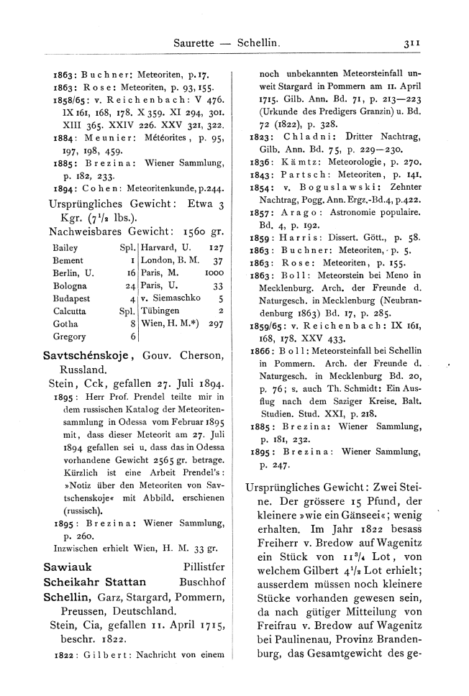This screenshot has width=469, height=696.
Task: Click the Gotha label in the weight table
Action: pos(65,324)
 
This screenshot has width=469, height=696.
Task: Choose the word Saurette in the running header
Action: pos(194,44)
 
